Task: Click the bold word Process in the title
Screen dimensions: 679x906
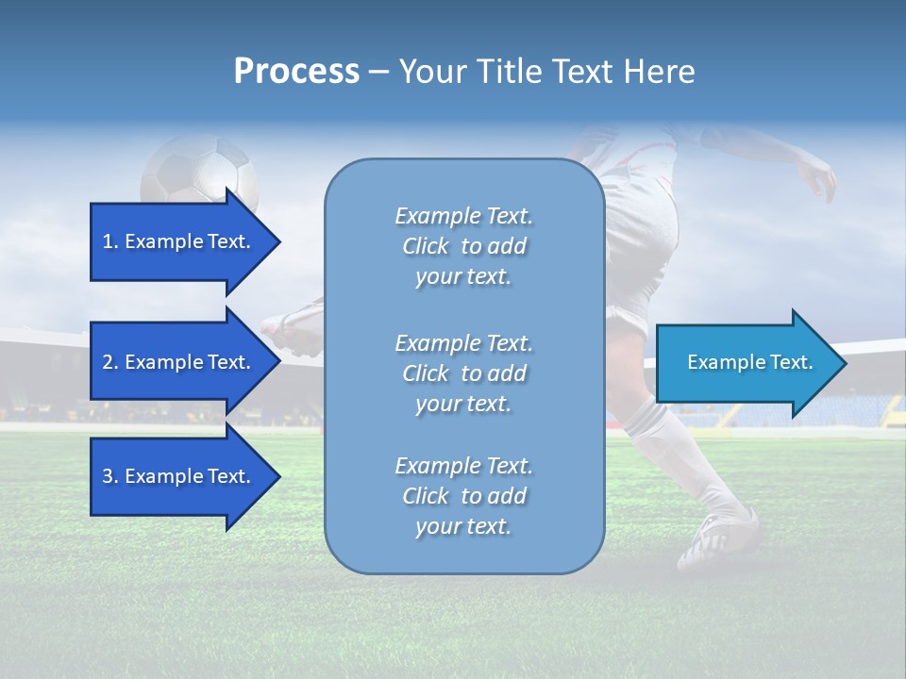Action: coord(296,72)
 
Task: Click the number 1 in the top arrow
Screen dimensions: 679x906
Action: coord(108,242)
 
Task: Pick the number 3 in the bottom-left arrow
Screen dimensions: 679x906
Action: coord(108,477)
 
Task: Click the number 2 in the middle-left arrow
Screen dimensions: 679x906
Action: coord(108,363)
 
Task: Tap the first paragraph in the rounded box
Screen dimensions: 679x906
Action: coord(463,246)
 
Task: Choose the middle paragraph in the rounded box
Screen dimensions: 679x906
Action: coord(463,373)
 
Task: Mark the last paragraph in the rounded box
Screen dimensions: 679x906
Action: coord(463,496)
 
